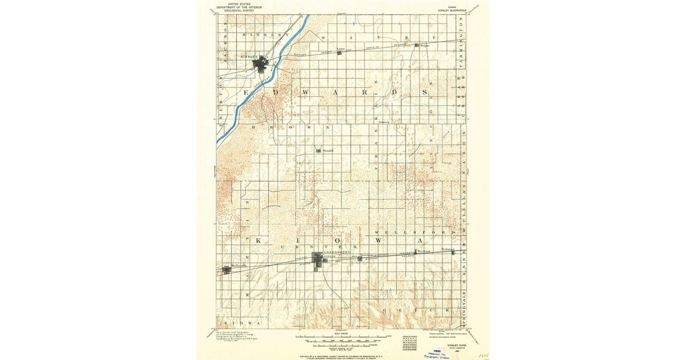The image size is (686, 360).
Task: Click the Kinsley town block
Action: (x=263, y=64)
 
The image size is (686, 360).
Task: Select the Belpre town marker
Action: (x=418, y=46)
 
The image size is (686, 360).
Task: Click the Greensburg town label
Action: (x=337, y=251)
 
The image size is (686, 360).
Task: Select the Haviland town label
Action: (x=423, y=251)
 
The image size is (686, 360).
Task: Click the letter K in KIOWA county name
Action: (x=258, y=242)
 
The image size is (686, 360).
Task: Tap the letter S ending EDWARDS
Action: (x=424, y=91)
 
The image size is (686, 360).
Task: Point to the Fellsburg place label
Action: (x=383, y=122)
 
